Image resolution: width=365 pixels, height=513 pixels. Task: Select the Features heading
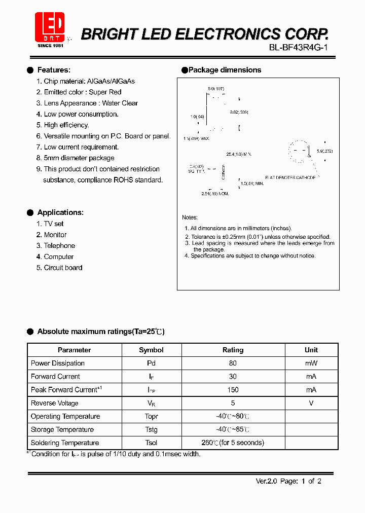point(54,70)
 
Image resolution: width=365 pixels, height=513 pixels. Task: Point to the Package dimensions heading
point(225,70)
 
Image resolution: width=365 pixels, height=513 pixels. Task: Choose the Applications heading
point(60,212)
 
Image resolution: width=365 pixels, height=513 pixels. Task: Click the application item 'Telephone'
point(59,245)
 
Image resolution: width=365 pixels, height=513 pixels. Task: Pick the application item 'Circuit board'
point(63,268)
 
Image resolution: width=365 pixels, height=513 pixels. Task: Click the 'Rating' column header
point(233,350)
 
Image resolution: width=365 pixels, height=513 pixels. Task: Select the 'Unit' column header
point(311,350)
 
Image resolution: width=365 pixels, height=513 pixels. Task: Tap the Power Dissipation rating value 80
point(233,363)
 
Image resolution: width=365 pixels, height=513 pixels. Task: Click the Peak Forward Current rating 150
point(233,390)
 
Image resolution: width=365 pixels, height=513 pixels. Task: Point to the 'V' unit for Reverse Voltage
point(311,403)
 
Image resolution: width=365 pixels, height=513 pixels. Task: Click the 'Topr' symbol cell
point(151,416)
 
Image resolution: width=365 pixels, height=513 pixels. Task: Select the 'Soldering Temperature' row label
point(65,443)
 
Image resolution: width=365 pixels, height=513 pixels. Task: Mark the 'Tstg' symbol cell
point(151,429)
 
